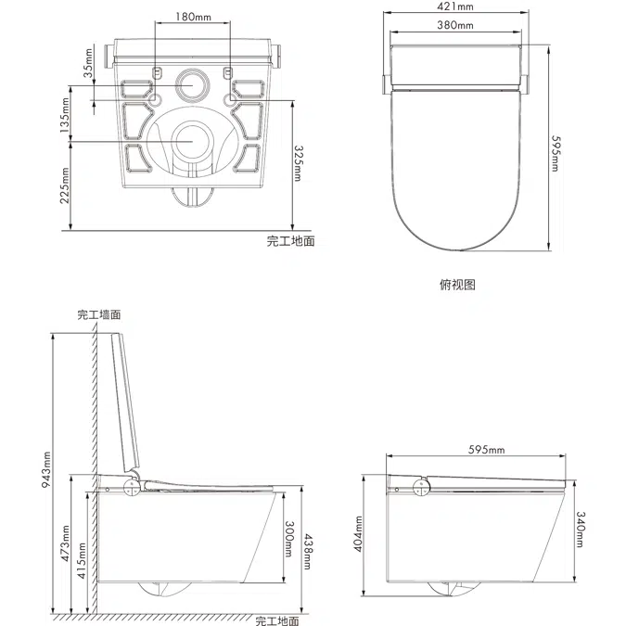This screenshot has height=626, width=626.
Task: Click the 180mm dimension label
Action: pyautogui.click(x=192, y=18)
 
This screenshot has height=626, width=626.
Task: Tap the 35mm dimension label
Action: pyautogui.click(x=87, y=67)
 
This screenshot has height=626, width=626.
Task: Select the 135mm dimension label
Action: pyautogui.click(x=66, y=118)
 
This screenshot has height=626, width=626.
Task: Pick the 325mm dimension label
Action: pyautogui.click(x=298, y=162)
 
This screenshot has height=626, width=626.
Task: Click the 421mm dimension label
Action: pyautogui.click(x=455, y=7)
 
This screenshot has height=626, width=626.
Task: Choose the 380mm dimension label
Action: pyautogui.click(x=455, y=25)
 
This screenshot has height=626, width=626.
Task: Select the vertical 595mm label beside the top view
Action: pyautogui.click(x=554, y=148)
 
